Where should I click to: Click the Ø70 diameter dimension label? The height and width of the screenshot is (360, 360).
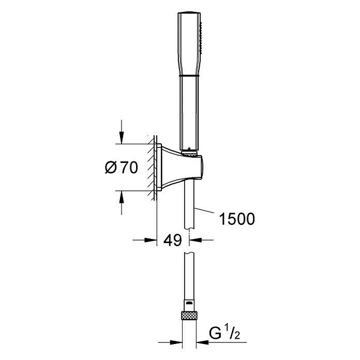pyautogui.click(x=122, y=168)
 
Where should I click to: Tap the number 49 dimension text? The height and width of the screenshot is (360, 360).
pyautogui.click(x=173, y=240)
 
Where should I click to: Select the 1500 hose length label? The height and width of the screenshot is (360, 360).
pyautogui.click(x=237, y=219)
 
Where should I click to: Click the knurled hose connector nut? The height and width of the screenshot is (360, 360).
pyautogui.click(x=189, y=315)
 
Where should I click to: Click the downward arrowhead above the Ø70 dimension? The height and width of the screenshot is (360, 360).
pyautogui.click(x=122, y=138)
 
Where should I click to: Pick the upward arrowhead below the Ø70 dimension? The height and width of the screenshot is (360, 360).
pyautogui.click(x=122, y=197)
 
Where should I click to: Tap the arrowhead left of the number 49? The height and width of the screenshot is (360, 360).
pyautogui.click(x=151, y=240)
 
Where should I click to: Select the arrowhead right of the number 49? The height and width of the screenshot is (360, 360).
pyautogui.click(x=196, y=240)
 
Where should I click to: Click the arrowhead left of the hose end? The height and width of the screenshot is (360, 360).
pyautogui.click(x=176, y=342)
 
